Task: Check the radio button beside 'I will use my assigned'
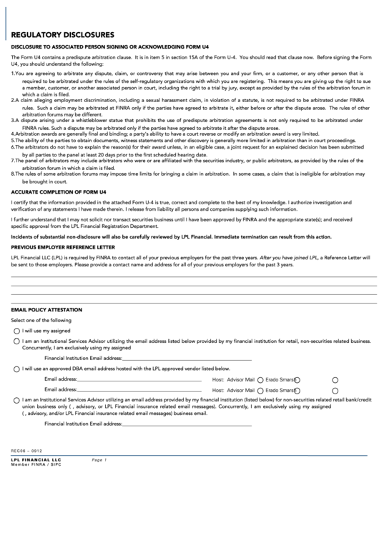click(16, 331)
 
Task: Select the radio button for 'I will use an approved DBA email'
click(16, 369)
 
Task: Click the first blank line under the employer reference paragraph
click(193, 276)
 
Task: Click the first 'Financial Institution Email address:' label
click(83, 357)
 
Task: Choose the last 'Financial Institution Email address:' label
click(83, 424)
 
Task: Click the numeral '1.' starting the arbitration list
click(13, 74)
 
